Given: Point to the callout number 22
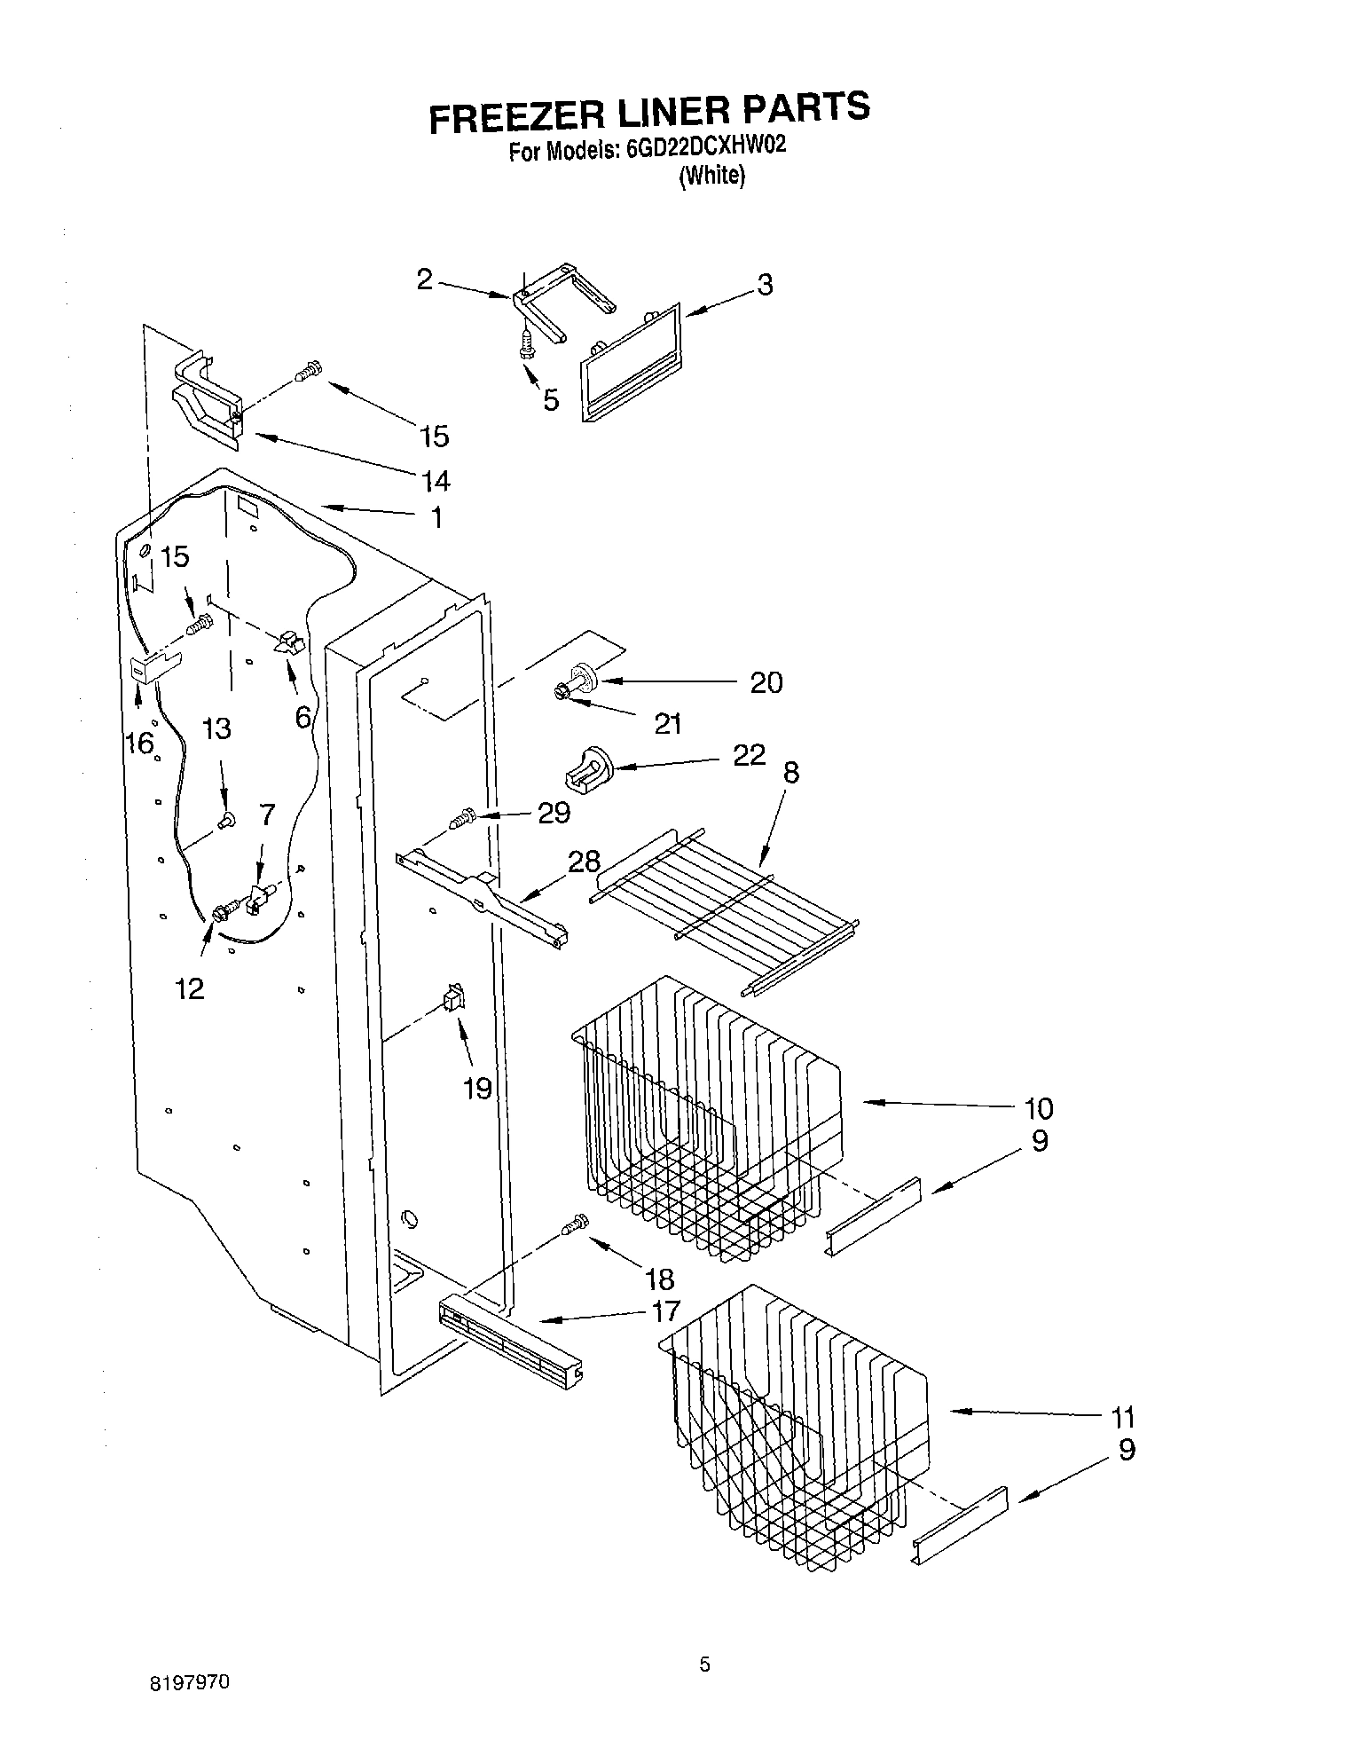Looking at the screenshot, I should (750, 755).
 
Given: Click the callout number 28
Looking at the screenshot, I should (585, 861).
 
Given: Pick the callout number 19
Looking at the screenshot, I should (478, 1088).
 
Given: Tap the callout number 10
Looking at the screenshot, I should (1038, 1108).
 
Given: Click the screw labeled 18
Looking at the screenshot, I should (574, 1224).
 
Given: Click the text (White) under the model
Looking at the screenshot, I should (711, 176).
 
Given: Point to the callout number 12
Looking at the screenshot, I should (189, 988).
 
